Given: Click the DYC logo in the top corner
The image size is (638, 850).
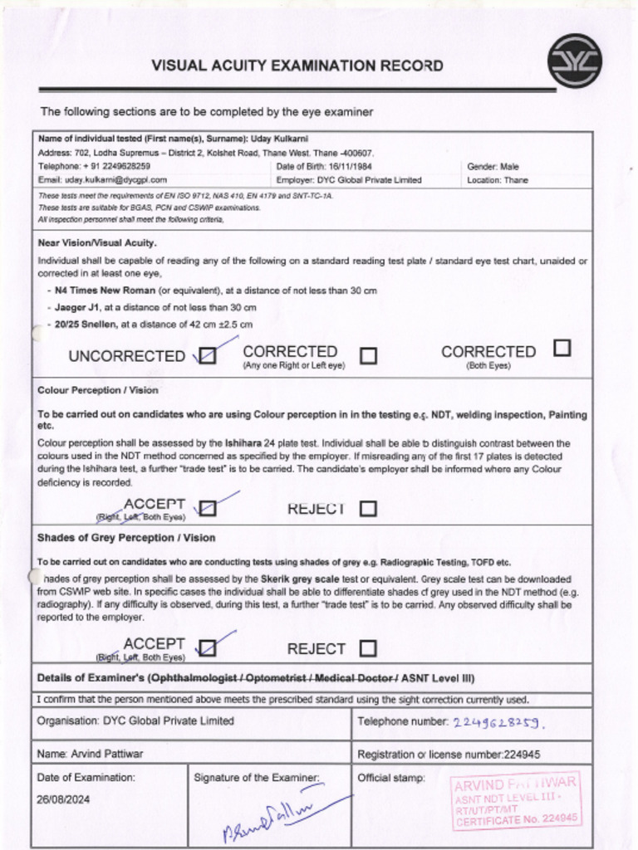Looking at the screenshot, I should [574, 61].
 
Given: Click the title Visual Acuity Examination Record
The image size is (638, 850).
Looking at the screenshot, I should [297, 66].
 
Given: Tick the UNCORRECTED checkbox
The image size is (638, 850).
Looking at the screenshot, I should [209, 356].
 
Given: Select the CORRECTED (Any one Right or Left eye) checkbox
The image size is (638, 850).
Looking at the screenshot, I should [368, 356].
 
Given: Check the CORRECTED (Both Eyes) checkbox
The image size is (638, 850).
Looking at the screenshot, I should [562, 348].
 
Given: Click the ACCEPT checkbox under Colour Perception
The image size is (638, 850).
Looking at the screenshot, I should [209, 507].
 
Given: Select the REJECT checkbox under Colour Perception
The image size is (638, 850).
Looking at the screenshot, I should [368, 508].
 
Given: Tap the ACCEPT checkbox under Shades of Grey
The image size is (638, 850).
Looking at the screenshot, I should [209, 647].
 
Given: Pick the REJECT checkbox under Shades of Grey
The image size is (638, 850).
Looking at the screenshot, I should [368, 648].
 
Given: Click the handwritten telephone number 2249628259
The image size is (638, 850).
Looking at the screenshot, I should [498, 723].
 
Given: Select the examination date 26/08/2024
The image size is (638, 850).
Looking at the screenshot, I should [64, 799].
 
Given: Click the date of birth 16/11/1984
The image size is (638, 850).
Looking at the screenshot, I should [349, 166].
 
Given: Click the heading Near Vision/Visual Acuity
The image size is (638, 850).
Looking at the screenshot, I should [97, 243].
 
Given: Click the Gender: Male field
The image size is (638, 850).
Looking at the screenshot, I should [493, 166].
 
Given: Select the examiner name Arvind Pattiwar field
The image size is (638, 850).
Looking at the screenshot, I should [91, 754].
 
